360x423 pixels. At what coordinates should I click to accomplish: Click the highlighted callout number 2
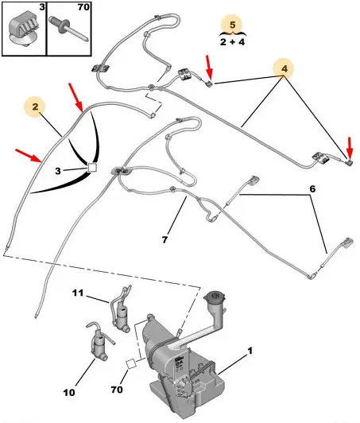[35, 107]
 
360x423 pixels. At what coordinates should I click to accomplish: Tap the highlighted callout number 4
[285, 69]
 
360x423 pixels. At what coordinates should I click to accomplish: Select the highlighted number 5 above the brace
[232, 25]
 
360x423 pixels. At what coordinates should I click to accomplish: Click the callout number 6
[312, 189]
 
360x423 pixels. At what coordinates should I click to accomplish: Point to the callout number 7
[165, 239]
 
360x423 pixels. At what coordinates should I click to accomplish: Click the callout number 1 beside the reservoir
[250, 351]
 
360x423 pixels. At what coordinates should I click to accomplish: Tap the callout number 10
[69, 393]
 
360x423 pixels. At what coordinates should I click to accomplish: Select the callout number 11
[78, 293]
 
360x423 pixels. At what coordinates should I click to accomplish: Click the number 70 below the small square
[117, 390]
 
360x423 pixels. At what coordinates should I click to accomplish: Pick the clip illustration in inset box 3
[24, 32]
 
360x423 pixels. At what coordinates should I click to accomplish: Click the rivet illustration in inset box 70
[68, 28]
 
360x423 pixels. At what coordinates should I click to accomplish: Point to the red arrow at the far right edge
[350, 149]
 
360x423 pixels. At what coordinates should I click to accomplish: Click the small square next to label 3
[92, 167]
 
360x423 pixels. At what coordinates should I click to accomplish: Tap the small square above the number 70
[132, 364]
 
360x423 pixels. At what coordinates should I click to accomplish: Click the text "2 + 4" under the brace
[232, 42]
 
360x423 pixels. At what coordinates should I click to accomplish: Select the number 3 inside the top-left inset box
[42, 7]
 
